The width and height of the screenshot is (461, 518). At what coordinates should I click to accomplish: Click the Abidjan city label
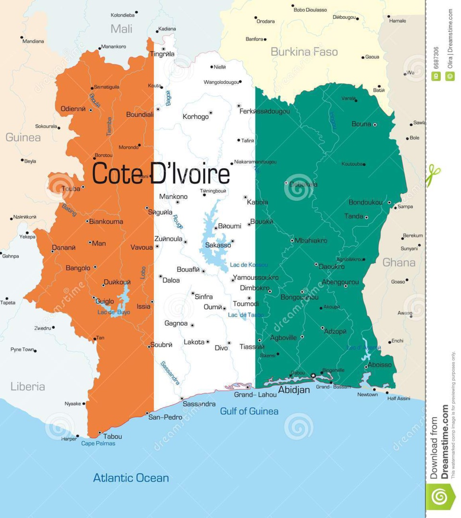click(294, 390)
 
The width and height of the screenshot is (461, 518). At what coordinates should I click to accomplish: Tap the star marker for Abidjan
click(313, 375)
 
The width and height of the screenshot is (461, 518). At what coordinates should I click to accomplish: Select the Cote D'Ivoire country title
click(161, 174)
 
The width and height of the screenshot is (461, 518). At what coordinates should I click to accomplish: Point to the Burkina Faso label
click(304, 52)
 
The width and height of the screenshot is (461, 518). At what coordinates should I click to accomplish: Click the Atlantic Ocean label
click(131, 478)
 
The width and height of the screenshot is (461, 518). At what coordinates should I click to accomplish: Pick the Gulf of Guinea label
click(249, 411)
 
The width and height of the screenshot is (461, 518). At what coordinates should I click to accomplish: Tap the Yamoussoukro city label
click(255, 278)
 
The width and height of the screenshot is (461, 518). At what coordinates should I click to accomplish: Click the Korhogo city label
click(196, 117)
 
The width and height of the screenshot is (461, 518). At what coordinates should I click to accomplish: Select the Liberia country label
click(28, 386)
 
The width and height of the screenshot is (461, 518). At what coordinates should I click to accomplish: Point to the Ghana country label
click(399, 262)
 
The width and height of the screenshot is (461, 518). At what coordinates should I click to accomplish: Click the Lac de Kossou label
click(249, 265)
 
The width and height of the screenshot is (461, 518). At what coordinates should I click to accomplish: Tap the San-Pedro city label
click(165, 417)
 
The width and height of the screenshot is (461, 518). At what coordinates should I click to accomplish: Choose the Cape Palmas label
click(98, 444)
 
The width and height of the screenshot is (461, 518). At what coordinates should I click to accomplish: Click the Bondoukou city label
click(365, 202)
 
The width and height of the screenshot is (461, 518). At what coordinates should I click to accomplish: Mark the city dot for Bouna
click(375, 125)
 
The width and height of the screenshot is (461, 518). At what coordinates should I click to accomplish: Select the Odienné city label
click(73, 109)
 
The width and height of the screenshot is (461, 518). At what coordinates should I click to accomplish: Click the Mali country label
click(121, 28)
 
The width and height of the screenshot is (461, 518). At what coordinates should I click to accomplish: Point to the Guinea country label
click(23, 137)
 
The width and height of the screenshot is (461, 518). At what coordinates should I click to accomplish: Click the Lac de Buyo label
click(113, 312)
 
